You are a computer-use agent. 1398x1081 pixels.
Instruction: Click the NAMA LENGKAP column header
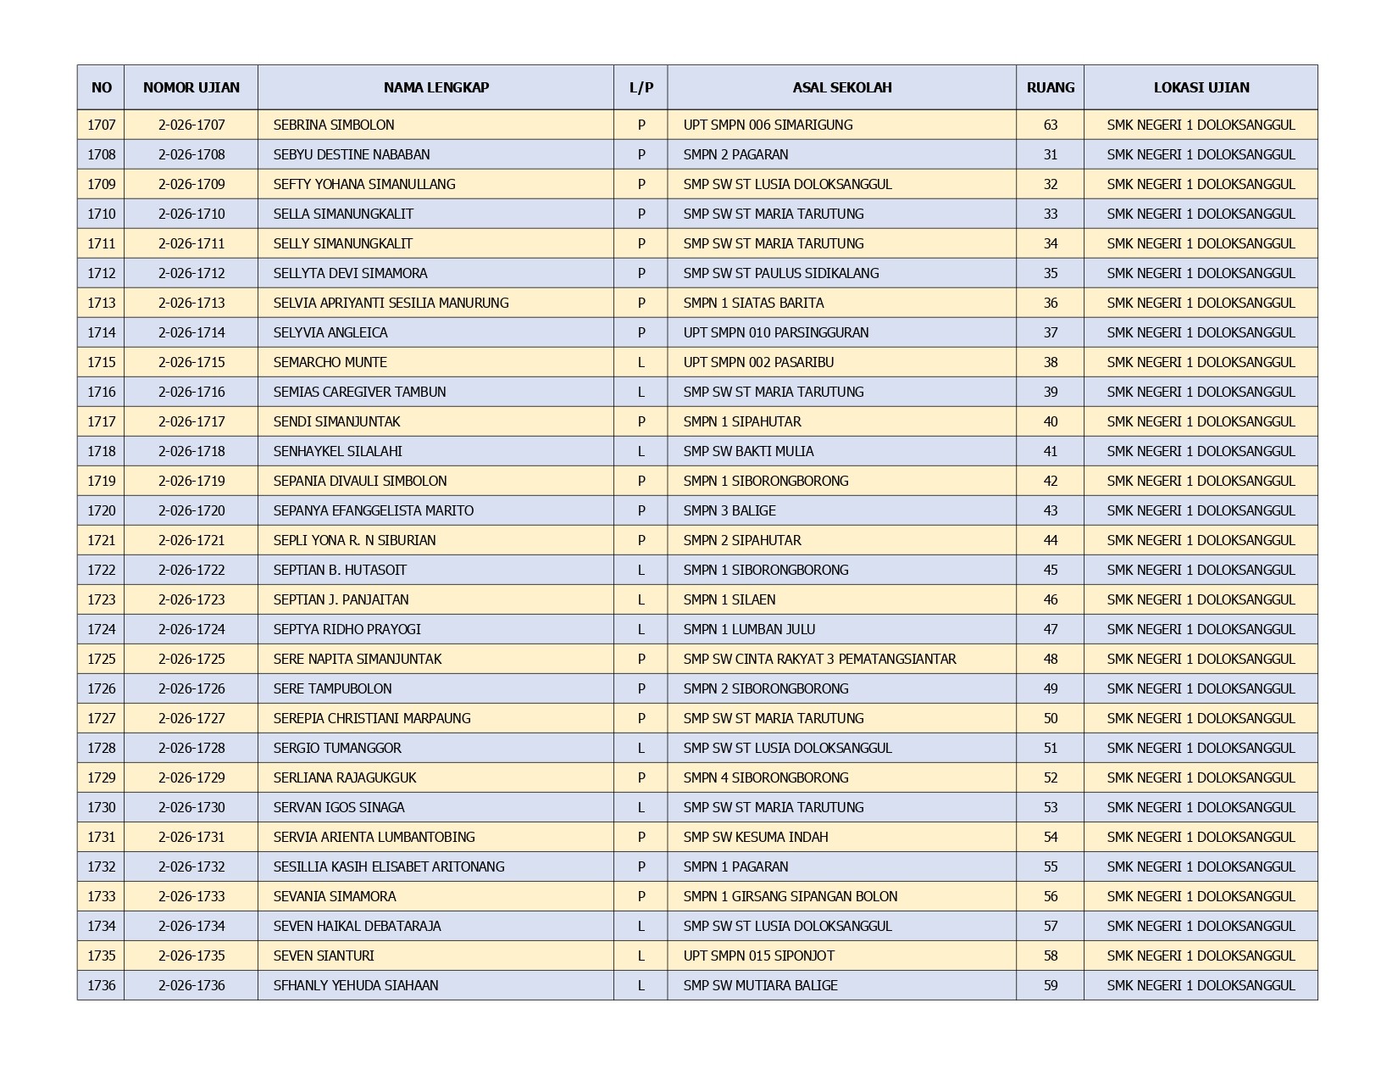(x=435, y=87)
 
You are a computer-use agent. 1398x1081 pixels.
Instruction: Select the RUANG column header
(x=1050, y=87)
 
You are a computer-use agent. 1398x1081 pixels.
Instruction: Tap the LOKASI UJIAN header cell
(x=1201, y=87)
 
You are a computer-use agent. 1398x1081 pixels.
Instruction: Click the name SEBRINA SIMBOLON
(x=334, y=125)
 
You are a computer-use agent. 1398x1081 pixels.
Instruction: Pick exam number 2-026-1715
(x=191, y=362)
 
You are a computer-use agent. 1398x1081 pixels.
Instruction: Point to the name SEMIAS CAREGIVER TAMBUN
(x=359, y=392)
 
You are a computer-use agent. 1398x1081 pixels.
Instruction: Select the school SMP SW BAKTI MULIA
(x=748, y=451)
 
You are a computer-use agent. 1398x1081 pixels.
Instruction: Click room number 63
(x=1050, y=125)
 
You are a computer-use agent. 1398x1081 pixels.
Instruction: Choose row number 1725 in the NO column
(x=101, y=659)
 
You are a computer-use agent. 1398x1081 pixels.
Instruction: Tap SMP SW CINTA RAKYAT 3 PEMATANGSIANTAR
(x=819, y=659)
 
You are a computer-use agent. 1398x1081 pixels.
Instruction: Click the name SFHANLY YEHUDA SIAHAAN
(x=356, y=985)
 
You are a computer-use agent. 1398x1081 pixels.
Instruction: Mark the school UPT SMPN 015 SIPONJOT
(x=758, y=956)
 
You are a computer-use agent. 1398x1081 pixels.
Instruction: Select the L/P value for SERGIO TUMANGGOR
(x=641, y=748)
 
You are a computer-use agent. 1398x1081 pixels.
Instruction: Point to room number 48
(x=1050, y=659)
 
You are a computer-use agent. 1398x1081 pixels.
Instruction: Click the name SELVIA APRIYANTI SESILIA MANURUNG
(x=391, y=303)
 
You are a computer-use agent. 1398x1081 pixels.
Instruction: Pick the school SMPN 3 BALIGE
(x=730, y=510)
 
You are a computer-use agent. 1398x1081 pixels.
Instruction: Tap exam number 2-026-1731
(x=191, y=837)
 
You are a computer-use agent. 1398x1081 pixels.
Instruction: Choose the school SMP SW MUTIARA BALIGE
(x=760, y=985)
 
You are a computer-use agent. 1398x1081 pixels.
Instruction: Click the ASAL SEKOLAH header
(x=841, y=87)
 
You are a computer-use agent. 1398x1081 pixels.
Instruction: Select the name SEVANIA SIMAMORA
(x=335, y=896)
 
